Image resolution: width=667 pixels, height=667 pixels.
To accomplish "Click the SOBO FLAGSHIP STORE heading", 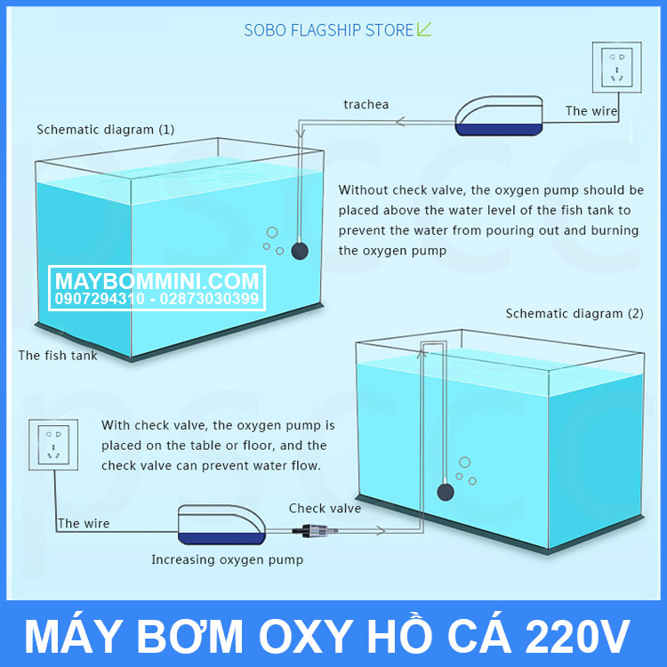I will (329, 30).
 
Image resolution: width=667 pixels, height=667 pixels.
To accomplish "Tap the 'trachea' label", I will (366, 104).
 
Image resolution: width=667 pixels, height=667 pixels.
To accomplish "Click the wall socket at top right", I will (617, 68).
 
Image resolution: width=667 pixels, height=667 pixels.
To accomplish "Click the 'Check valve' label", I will (325, 508).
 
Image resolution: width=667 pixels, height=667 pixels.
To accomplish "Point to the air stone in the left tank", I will (301, 251).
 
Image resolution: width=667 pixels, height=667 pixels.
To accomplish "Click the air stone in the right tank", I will (446, 490).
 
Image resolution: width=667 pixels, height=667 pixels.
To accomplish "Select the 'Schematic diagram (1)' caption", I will (106, 129).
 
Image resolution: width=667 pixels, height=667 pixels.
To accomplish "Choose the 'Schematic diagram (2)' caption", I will (575, 313).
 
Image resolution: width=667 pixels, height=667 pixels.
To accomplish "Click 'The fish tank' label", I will (58, 355).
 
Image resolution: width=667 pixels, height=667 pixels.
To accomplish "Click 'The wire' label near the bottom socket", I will (84, 524).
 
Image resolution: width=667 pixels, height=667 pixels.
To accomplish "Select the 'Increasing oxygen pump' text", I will (227, 559).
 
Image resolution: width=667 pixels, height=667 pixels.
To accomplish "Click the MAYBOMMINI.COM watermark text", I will (157, 281).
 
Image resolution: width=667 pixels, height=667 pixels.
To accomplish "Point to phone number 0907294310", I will (99, 299).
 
